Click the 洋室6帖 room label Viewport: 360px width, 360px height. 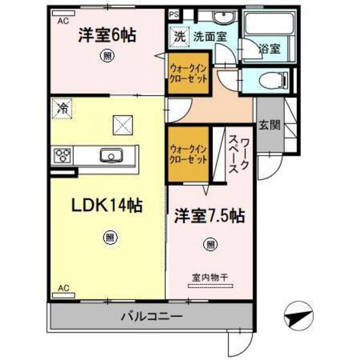pos(107,36)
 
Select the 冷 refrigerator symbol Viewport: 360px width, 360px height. pos(62,107)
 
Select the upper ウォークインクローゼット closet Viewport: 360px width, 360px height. pos(188,76)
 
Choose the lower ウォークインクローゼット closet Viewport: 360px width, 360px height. pos(188,154)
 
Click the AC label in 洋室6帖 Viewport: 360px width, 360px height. pos(63,21)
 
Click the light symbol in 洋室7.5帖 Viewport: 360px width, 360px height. pos(210,244)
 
